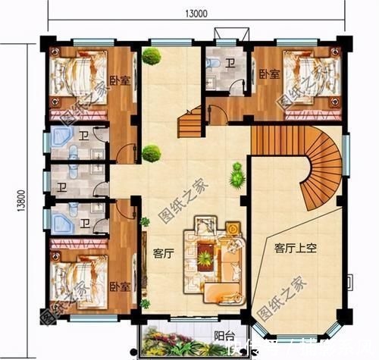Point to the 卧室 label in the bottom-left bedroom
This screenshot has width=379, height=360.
tap(117, 286)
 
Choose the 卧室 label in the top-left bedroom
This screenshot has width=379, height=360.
tap(117, 80)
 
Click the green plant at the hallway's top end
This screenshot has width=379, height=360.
tap(152, 55)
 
